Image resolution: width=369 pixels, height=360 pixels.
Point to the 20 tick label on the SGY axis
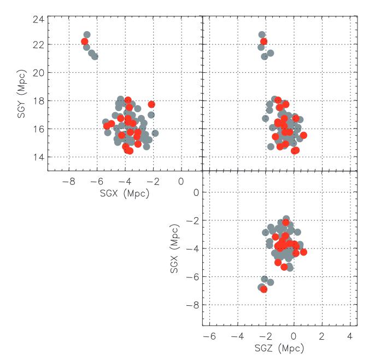point(38,72)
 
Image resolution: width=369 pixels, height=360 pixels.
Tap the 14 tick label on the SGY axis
point(38,157)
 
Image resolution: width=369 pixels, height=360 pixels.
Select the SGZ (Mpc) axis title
point(280,348)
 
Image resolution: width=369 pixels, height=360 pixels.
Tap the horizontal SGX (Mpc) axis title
point(125,192)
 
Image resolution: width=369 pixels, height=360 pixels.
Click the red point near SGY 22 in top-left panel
point(85,42)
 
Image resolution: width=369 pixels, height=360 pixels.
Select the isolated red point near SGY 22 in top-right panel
point(264,42)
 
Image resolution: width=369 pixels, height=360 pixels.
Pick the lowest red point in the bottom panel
point(264,289)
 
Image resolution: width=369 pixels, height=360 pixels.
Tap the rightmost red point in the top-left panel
point(151,104)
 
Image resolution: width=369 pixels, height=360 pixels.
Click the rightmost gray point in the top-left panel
point(155,133)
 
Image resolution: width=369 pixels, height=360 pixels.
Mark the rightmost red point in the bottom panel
point(303,252)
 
